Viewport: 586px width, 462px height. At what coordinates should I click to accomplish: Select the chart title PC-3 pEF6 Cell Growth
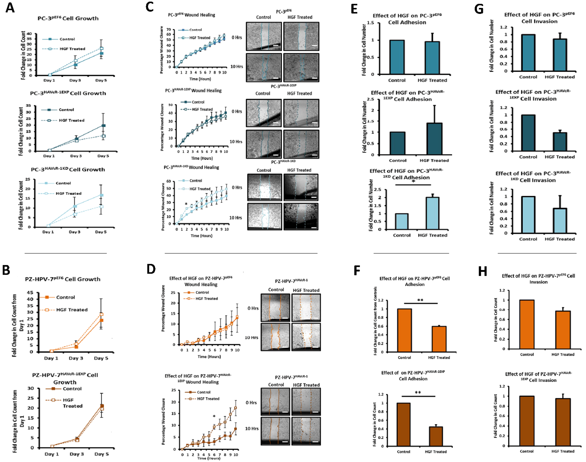(68, 18)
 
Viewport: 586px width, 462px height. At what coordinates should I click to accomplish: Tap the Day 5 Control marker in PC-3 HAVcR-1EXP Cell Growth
(103, 126)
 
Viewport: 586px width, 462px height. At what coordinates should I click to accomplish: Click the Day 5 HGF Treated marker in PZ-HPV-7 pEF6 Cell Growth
(101, 314)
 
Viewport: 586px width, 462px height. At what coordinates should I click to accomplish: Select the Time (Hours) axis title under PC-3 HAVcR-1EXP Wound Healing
(202, 158)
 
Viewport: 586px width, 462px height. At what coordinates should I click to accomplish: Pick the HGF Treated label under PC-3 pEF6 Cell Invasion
(559, 77)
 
